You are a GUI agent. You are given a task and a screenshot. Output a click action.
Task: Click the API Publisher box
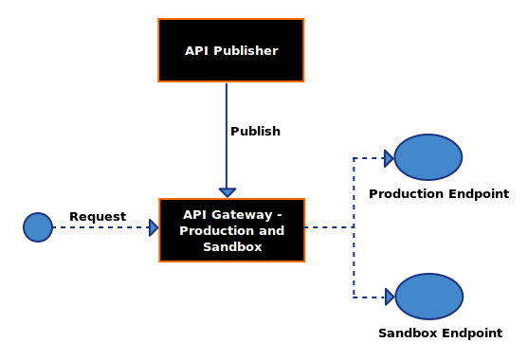231,50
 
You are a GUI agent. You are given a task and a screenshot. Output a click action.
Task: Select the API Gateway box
232,230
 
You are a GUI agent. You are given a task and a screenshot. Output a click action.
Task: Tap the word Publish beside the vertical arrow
255,132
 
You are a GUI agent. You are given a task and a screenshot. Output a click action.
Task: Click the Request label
98,216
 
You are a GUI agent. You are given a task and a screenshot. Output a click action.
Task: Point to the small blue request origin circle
38,227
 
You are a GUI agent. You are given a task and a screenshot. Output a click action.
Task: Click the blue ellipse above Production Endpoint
428,157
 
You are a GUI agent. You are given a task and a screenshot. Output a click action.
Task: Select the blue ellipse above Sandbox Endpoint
429,297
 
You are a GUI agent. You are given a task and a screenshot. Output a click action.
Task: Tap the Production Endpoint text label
439,194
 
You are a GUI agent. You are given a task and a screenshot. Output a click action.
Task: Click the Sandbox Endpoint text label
441,333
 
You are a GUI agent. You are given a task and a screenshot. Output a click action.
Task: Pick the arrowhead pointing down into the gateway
228,192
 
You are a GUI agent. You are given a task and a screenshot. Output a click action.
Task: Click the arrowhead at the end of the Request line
154,227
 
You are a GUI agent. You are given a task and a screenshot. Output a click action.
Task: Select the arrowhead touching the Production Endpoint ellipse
389,158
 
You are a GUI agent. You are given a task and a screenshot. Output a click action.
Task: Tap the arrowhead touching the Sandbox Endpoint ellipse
390,297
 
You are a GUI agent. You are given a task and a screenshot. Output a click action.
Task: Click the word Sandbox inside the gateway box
232,247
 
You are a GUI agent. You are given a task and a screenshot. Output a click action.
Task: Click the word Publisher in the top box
246,51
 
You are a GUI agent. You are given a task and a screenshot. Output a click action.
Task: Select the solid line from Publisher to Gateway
227,136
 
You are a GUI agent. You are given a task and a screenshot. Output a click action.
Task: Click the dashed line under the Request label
101,227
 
